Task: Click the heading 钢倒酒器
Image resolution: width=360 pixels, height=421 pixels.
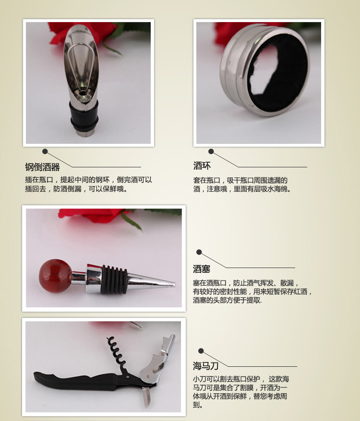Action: pos(42,167)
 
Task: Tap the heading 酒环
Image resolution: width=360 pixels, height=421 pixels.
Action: pos(202,166)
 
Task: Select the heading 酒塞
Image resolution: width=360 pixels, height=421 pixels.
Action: pos(202,269)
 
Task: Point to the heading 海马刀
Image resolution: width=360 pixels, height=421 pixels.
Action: pos(205,366)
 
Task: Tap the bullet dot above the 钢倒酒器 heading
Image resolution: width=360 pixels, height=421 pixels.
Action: pos(45,152)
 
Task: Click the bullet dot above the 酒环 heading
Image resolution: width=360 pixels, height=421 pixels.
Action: pos(211,152)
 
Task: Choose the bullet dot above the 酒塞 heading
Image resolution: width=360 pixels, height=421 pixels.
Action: pos(199,252)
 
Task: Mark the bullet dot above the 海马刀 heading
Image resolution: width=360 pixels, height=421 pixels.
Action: pos(201,351)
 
